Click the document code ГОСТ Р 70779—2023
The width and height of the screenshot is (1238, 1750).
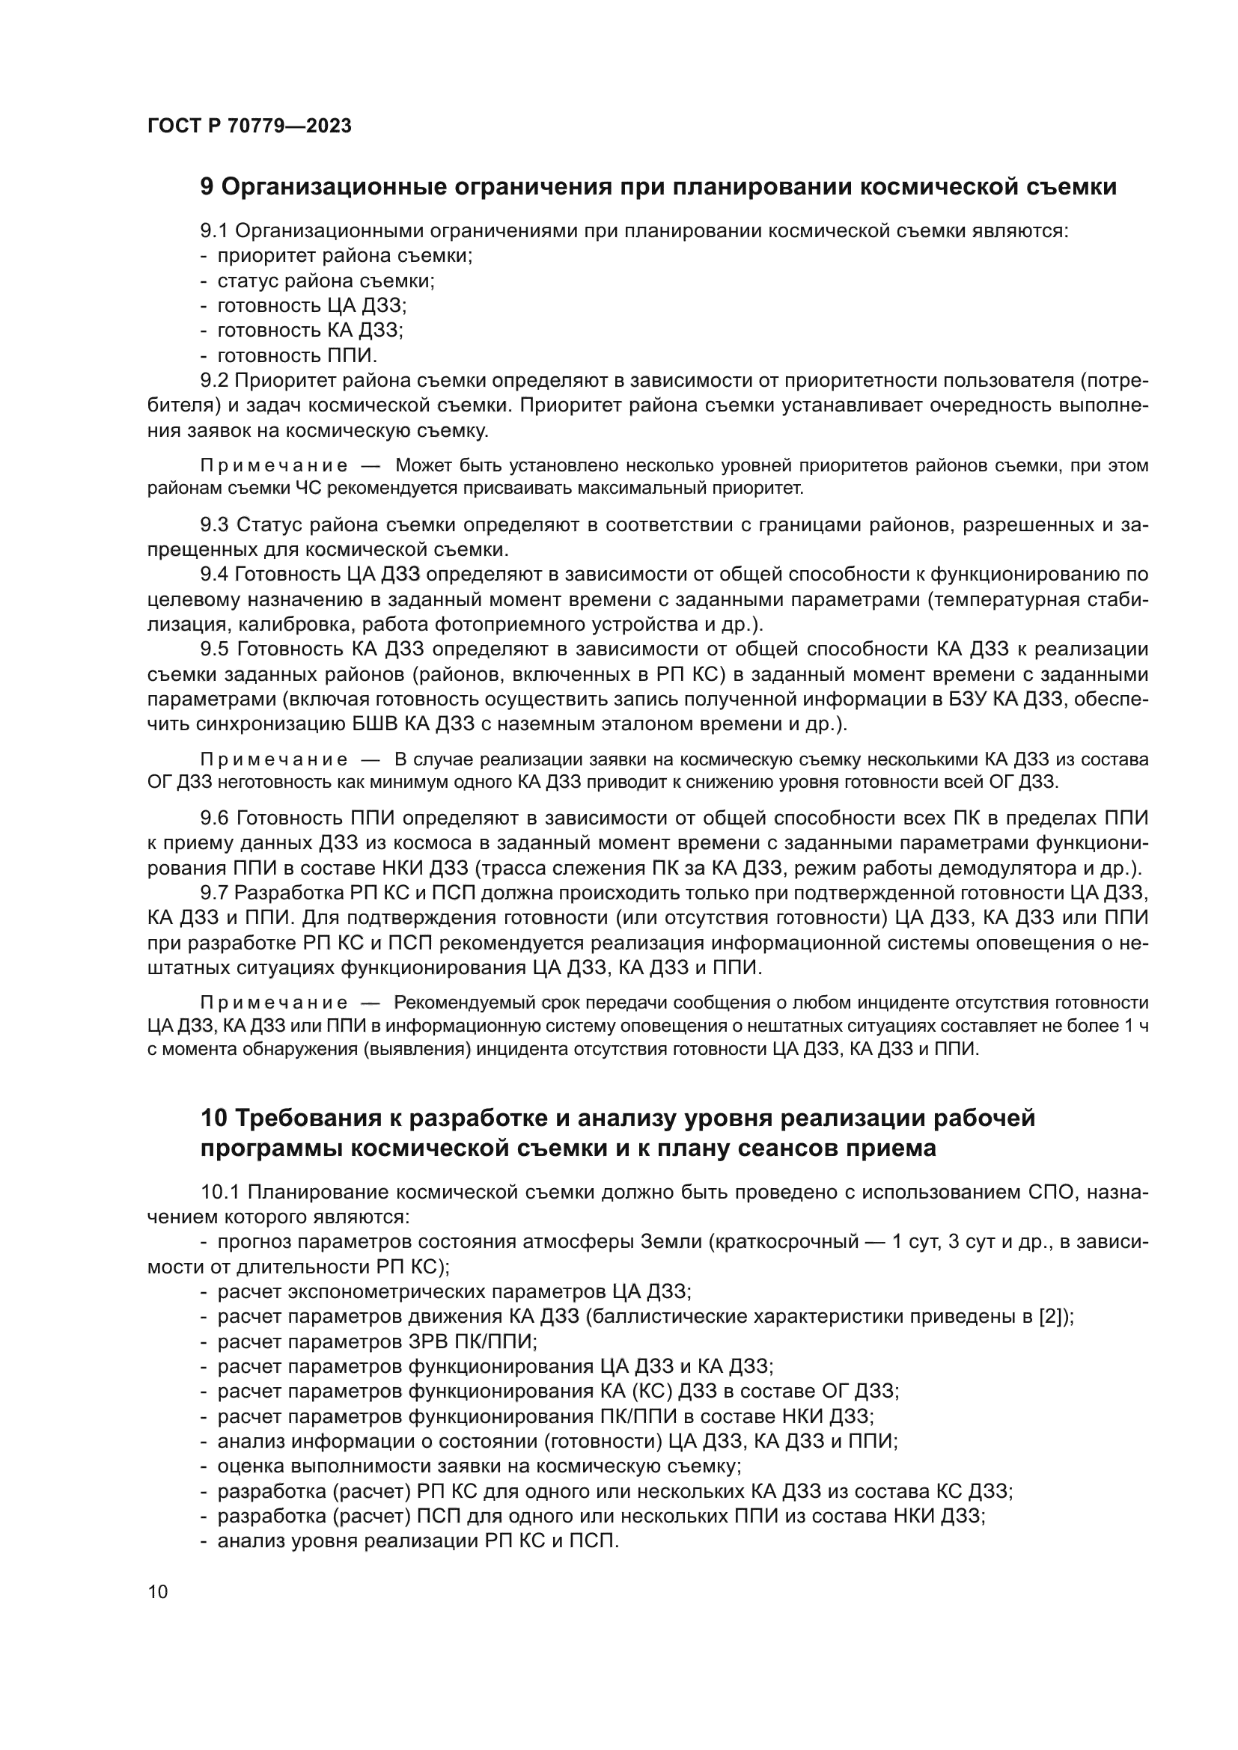point(249,126)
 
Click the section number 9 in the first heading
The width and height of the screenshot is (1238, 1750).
point(207,187)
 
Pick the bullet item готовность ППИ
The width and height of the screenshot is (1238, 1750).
point(297,355)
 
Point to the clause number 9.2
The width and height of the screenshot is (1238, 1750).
point(214,380)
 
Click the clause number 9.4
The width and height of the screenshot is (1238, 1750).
point(214,574)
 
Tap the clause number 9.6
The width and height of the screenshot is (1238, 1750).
point(214,818)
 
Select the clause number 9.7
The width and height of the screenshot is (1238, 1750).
point(214,893)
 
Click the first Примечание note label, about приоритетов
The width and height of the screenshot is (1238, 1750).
point(274,465)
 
